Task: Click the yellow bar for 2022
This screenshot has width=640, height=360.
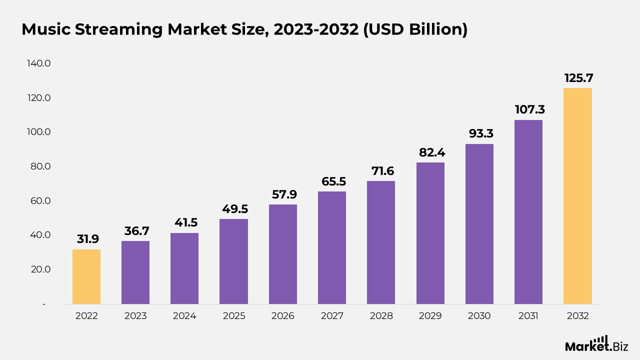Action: point(86,276)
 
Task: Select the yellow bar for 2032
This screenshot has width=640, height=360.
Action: point(577,196)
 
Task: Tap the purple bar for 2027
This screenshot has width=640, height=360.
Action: point(332,247)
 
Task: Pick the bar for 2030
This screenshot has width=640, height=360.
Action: point(479,224)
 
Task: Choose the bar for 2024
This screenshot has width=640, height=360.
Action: point(184,268)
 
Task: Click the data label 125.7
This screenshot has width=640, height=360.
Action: point(577,78)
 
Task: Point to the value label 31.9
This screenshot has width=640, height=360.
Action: point(86,239)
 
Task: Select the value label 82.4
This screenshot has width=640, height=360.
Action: point(430,152)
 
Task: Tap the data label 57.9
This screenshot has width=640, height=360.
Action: point(283,194)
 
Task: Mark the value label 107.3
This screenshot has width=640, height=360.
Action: point(528,110)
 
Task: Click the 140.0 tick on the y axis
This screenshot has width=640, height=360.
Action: point(40,63)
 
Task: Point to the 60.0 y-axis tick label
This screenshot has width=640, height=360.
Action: point(40,200)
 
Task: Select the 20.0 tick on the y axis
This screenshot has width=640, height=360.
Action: point(40,269)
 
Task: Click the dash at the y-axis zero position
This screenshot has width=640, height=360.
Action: point(43,304)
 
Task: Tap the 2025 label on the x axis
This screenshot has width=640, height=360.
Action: point(233,316)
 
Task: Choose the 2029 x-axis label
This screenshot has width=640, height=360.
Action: point(430,316)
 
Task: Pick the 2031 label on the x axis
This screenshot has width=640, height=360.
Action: point(528,316)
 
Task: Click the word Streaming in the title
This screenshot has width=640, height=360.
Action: point(119,30)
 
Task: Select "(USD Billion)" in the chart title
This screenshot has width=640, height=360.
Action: point(415,30)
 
